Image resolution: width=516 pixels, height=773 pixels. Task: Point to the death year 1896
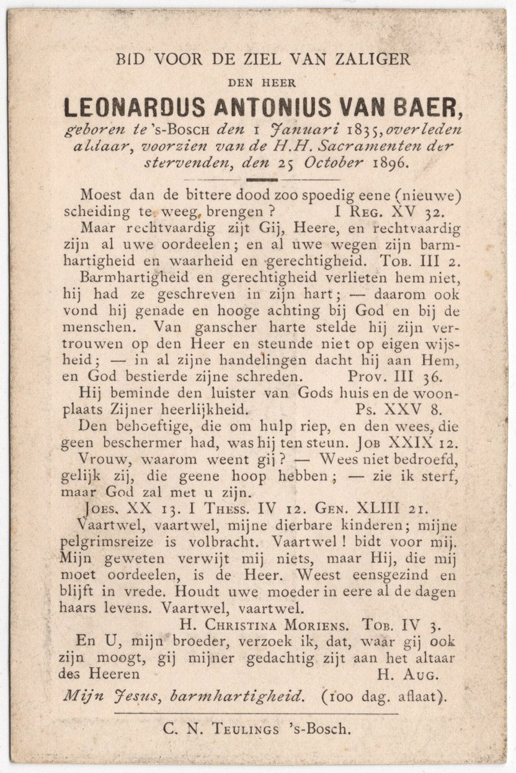pos(390,164)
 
